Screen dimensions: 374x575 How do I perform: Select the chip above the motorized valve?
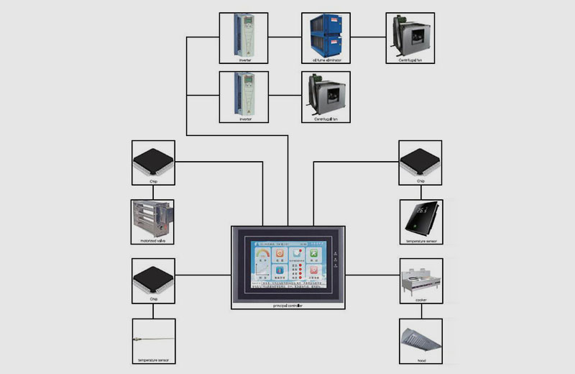153,160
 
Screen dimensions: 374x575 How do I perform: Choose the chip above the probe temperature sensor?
153,278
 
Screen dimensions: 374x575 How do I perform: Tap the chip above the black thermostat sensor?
420,160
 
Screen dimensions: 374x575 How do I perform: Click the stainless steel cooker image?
420,278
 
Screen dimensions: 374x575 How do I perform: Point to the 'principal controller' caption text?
287,306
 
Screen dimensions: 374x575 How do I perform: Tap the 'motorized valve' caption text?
153,242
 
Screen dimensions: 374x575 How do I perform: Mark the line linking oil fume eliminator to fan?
368,37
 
